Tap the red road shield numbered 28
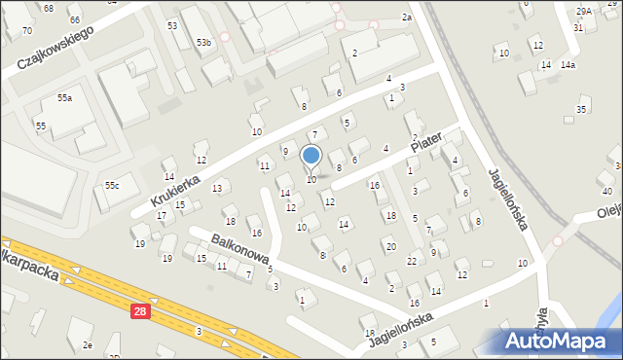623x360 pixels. (x=140, y=310)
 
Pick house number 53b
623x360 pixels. (x=203, y=43)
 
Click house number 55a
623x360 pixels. (x=64, y=98)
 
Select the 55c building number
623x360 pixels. (x=113, y=185)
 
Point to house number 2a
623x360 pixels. (x=407, y=18)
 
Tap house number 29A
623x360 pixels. (x=583, y=11)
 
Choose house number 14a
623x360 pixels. (x=568, y=65)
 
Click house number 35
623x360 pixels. (x=581, y=110)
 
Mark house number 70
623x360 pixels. (x=26, y=31)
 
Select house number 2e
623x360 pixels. (x=88, y=345)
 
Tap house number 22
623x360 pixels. (x=413, y=261)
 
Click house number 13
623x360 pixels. (x=217, y=188)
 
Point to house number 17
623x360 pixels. (x=162, y=215)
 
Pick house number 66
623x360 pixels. (x=75, y=19)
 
